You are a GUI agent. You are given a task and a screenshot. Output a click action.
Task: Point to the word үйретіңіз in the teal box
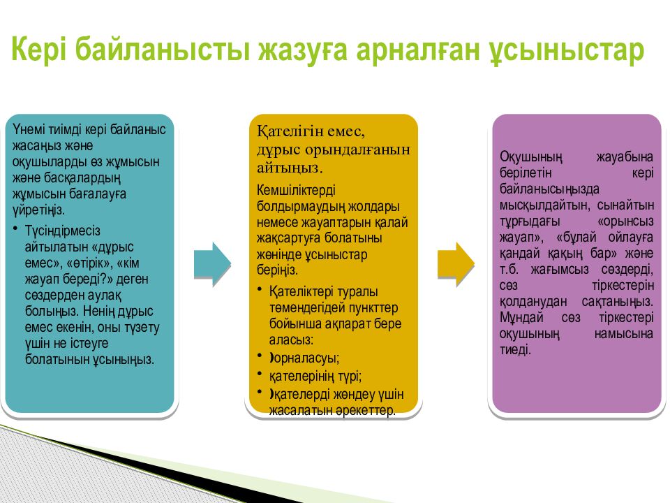pos(38,210)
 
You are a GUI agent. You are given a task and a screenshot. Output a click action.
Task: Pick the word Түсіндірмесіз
pos(62,231)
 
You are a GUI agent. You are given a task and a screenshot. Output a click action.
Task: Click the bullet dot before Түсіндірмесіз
pos(16,229)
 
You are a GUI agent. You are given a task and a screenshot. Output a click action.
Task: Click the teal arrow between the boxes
pos(212,264)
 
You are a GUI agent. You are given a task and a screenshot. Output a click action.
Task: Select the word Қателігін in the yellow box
pos(290,132)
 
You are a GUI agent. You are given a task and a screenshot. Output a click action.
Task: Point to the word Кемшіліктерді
pos(296,190)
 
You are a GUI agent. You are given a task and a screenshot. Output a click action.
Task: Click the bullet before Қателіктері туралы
pos(260,289)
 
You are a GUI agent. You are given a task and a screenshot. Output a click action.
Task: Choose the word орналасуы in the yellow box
pos(306,358)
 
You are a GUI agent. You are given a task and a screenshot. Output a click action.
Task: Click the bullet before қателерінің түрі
pos(260,373)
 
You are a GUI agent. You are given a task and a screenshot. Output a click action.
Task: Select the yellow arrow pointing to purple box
pos(456,264)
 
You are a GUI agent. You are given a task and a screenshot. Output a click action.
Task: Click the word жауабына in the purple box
pos(625,157)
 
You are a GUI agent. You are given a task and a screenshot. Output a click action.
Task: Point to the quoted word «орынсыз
pos(625,221)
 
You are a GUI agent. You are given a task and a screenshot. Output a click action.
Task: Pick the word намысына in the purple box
pos(624,334)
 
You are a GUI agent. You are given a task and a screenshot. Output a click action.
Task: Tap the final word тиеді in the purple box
pos(515,350)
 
